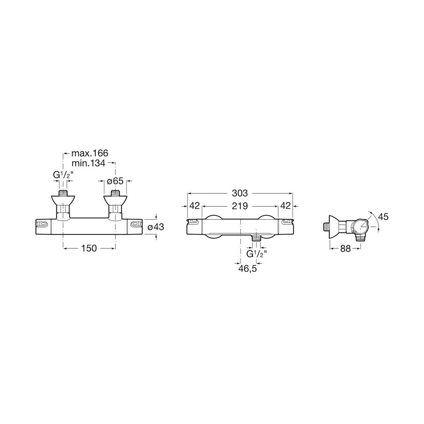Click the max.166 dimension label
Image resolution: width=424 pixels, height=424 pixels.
pos(90,153)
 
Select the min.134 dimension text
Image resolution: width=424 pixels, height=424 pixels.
pos(89,163)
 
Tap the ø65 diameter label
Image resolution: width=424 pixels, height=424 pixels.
pos(115,181)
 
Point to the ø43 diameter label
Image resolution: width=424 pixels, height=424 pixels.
pos(156,226)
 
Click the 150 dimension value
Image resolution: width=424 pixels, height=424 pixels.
pos(89,248)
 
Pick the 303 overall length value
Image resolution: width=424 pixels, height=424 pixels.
pos(240,193)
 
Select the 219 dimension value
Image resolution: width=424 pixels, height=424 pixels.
pos(240,206)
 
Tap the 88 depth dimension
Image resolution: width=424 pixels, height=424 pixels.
pos(345,248)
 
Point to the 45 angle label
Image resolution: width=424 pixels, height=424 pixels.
pos(383,217)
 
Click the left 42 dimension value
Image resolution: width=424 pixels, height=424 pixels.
pos(195,206)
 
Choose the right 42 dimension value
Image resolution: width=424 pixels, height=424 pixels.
pos(285,206)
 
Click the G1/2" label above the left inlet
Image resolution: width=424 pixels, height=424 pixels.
pos(62,175)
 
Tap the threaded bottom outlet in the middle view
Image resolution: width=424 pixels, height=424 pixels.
pos(256,238)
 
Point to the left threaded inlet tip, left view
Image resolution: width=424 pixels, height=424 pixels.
pos(63,193)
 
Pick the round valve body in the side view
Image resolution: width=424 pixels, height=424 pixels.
pos(358,226)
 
